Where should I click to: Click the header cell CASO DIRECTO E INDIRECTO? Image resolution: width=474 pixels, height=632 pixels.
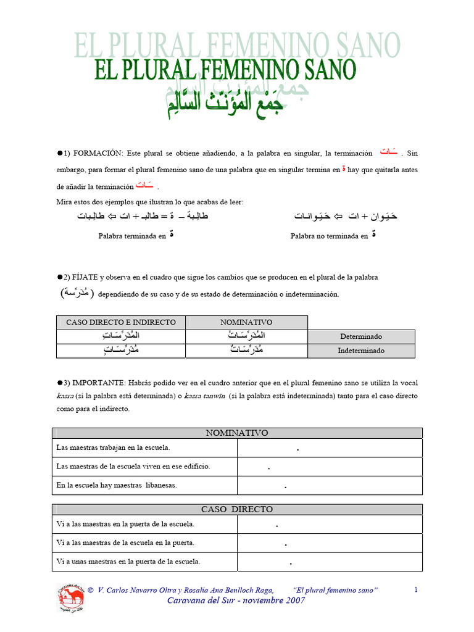click(x=121, y=322)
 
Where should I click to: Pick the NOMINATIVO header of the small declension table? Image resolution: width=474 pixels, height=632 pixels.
click(x=246, y=322)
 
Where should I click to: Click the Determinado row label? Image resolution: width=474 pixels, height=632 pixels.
click(x=361, y=336)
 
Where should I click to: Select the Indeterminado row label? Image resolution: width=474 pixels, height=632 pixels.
click(x=361, y=351)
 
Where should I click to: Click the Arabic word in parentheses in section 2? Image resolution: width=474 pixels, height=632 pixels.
click(x=73, y=293)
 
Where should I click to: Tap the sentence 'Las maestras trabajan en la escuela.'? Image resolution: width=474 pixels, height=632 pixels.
click(x=113, y=447)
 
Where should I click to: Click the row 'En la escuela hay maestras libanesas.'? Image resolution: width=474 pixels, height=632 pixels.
click(x=117, y=485)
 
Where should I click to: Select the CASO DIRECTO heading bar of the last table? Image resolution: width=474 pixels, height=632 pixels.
click(x=237, y=509)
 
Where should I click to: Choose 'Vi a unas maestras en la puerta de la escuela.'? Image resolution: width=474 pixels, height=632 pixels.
click(x=128, y=562)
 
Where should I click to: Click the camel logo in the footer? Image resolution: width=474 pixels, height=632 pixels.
click(x=71, y=598)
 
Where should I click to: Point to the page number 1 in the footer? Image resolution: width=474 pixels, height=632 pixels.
click(x=416, y=590)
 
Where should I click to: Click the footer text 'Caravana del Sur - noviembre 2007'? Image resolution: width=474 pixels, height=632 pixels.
click(x=236, y=601)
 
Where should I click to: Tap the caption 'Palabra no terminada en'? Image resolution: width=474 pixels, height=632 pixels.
click(x=326, y=236)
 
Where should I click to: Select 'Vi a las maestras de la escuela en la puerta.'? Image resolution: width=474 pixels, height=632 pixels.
click(x=125, y=543)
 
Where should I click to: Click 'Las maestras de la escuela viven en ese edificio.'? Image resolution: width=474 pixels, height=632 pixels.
click(x=133, y=467)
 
